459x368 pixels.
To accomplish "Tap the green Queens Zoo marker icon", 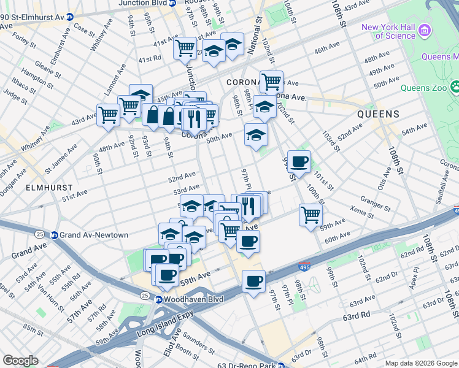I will click(x=455, y=87).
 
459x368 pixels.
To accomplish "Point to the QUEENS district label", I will click(x=379, y=114).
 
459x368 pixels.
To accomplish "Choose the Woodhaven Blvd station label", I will click(x=193, y=299).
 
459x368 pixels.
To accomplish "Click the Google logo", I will click(x=20, y=361).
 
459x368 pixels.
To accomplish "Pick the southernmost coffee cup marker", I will click(x=253, y=282).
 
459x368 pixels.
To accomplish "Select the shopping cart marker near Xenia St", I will click(x=310, y=215).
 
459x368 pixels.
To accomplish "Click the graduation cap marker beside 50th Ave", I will click(x=256, y=135).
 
